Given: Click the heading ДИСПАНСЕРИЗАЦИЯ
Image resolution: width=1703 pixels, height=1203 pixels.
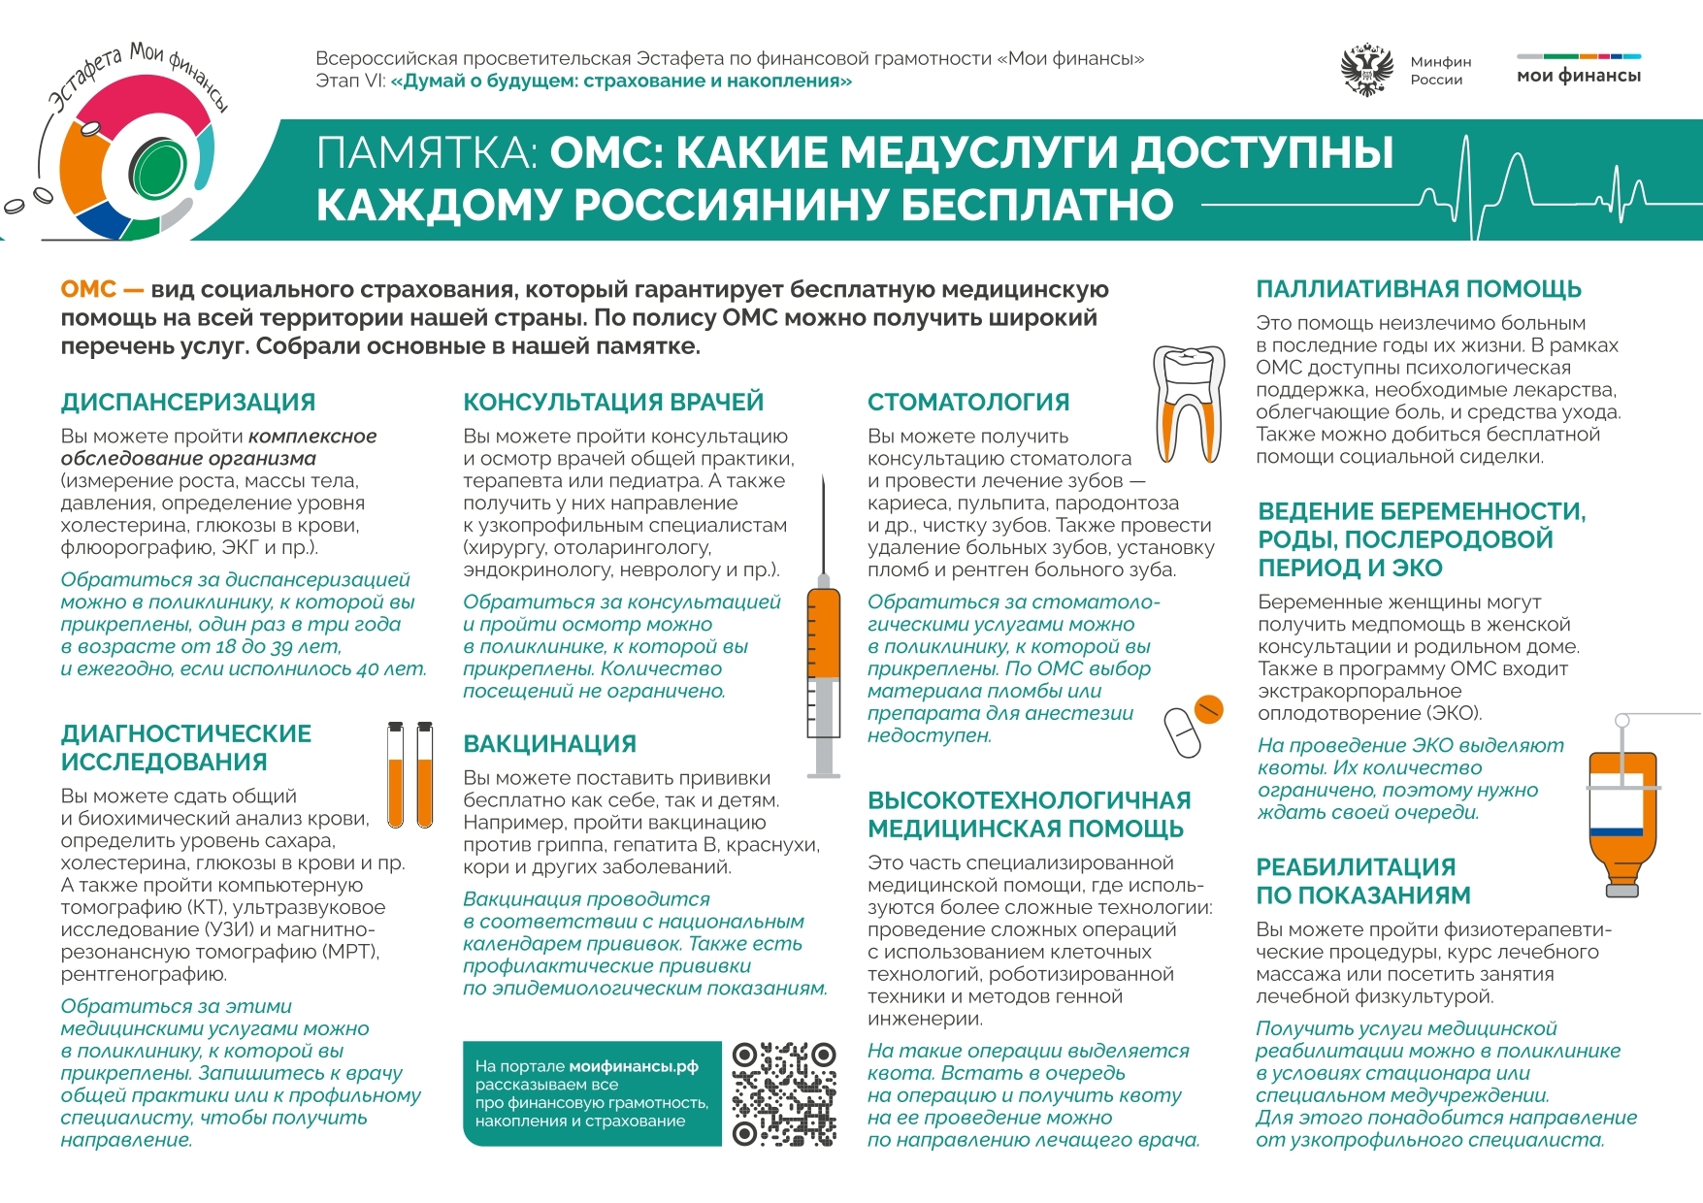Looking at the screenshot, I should [x=187, y=402].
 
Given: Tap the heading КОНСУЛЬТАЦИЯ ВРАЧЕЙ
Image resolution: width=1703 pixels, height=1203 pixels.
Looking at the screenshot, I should [x=613, y=402].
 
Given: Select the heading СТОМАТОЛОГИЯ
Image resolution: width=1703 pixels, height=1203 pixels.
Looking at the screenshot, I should [x=967, y=402].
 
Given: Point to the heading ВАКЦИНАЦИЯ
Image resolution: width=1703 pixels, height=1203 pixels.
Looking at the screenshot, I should [x=549, y=744].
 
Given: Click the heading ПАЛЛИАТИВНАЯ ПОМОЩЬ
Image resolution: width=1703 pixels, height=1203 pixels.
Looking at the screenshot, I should [x=1418, y=289].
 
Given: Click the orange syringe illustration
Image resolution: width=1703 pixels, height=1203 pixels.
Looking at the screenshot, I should [x=824, y=669].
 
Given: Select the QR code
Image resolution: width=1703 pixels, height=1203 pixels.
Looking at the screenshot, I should [x=784, y=1094].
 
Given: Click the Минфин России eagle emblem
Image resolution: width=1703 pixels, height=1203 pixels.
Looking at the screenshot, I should [x=1366, y=70].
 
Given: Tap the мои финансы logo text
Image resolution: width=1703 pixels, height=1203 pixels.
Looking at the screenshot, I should [x=1578, y=76].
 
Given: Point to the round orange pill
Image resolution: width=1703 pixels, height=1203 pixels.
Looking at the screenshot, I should [x=1208, y=709].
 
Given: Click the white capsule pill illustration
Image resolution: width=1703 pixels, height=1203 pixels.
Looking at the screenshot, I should [x=1181, y=733].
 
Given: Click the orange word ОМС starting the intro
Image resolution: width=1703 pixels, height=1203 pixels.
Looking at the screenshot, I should [x=88, y=289].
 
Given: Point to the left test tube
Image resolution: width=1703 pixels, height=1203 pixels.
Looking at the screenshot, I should [x=395, y=776].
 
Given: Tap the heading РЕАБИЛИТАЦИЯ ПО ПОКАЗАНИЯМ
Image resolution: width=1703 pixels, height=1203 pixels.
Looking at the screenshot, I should [x=1362, y=881].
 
